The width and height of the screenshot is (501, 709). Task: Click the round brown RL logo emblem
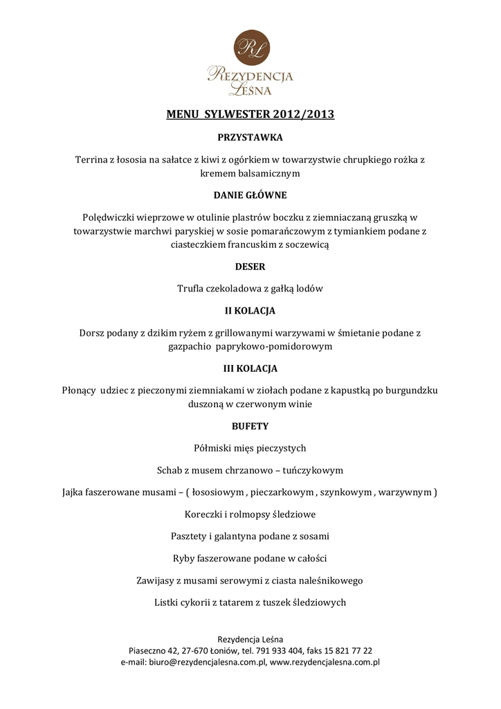[250, 47]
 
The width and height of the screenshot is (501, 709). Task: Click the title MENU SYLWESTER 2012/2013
[250, 114]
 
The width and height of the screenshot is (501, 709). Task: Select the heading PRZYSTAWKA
[250, 138]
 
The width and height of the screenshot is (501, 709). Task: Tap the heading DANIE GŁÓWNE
[250, 195]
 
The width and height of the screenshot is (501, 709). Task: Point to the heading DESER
[250, 267]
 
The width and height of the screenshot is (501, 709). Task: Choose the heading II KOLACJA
[250, 310]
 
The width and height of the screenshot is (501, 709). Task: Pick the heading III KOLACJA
[250, 368]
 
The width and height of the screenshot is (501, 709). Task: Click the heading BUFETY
[250, 426]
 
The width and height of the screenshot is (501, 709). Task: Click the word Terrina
[93, 159]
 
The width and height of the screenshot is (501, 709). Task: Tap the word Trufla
[192, 288]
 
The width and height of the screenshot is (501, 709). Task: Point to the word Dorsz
[93, 332]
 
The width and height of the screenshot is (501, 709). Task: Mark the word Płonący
[79, 390]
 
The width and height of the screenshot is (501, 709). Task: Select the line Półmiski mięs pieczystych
[250, 448]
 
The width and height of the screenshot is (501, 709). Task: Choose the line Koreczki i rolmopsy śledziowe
[250, 514]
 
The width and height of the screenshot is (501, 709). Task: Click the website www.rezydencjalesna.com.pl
[325, 662]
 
